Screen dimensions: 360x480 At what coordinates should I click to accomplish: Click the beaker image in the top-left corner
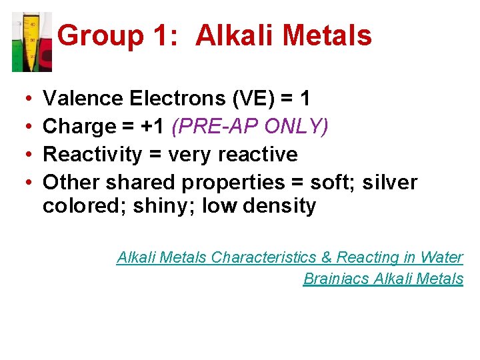pos(31,41)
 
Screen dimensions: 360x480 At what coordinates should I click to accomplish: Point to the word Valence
pos(83,99)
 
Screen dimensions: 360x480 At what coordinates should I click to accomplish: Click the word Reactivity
pos(93,155)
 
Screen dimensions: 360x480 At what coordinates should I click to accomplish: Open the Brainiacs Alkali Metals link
pos(383,279)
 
